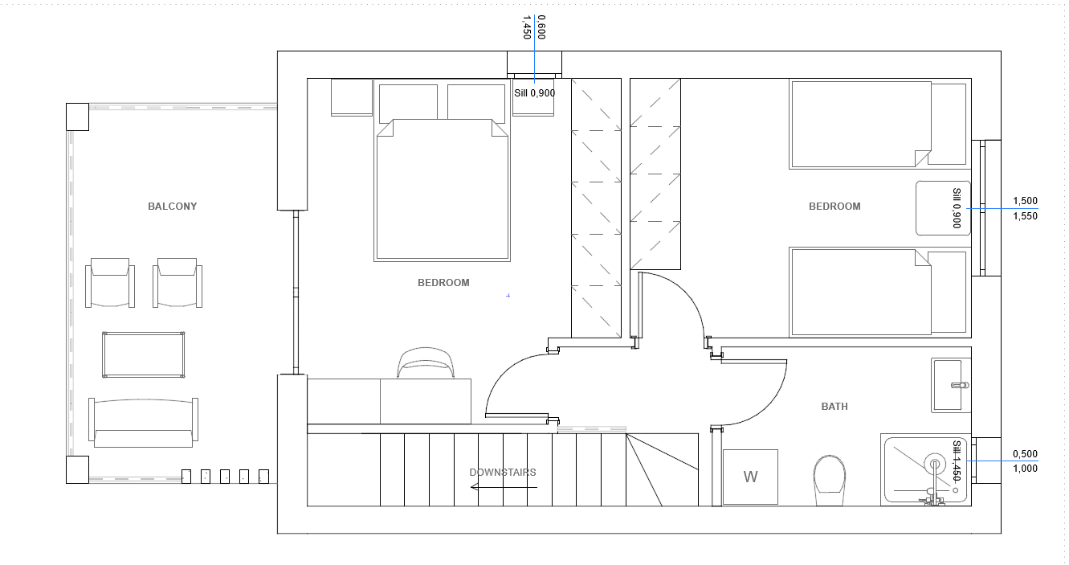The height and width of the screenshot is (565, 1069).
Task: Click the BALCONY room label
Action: pos(173,207)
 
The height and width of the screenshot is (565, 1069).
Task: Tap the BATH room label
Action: pos(834,407)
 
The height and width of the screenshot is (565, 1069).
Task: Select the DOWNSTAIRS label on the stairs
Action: pos(503,473)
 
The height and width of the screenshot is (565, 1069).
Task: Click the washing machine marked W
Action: pos(750,477)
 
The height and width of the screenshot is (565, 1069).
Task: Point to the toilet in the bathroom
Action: pos(830,480)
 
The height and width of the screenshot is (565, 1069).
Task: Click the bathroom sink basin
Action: pos(951,385)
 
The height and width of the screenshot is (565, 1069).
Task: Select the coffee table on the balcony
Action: pos(143,355)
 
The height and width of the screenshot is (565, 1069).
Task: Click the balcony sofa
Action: pos(143,423)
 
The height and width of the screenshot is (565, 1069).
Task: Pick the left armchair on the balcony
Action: pos(110,283)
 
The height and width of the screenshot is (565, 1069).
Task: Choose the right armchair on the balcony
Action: pos(177,283)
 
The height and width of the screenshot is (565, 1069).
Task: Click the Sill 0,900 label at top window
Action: pos(535,93)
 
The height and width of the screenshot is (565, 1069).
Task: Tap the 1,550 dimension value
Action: pos(1025,216)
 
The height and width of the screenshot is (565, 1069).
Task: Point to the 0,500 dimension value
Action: pos(1025,454)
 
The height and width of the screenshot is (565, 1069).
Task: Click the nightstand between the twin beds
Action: pos(943,207)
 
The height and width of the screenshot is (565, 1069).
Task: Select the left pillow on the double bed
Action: pos(408,102)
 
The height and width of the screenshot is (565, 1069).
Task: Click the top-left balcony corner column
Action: pos(77,117)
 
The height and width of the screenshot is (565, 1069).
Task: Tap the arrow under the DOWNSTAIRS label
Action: pos(504,487)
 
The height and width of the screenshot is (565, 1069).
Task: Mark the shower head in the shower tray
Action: pos(934,464)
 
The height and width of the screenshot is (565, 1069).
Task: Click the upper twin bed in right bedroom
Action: pos(878,125)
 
